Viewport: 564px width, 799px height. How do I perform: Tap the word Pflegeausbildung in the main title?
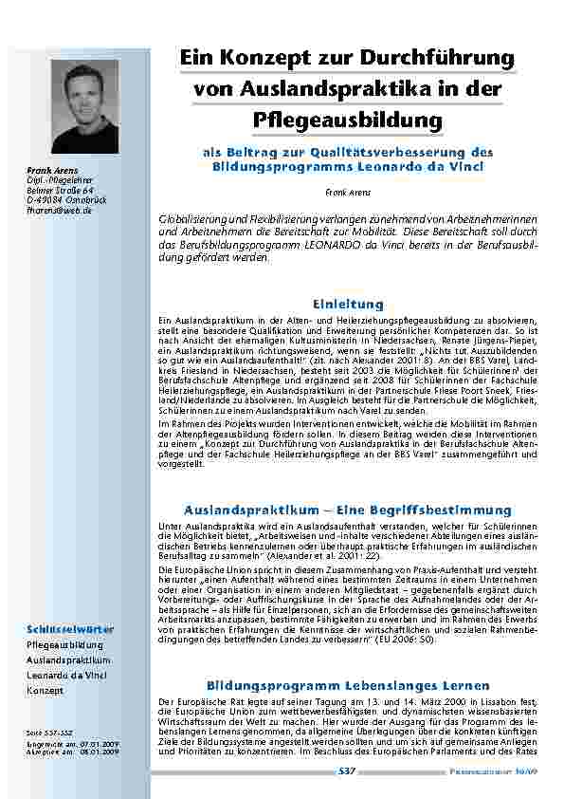(x=348, y=121)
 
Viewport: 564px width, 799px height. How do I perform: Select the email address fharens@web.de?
(x=59, y=211)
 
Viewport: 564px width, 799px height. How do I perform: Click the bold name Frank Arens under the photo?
(x=48, y=171)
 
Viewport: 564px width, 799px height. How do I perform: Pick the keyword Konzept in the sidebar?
(x=45, y=690)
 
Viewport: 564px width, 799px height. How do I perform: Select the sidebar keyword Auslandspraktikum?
(x=68, y=660)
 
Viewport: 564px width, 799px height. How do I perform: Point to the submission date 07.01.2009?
(x=100, y=743)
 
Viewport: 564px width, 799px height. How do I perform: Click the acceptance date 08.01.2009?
(x=100, y=751)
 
